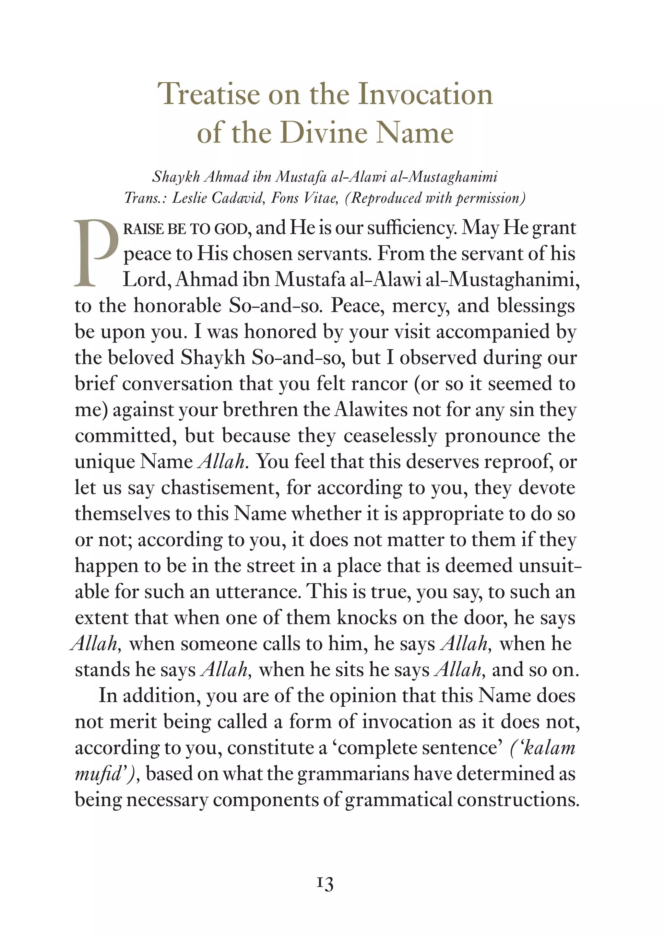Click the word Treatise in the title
208,94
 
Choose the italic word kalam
549,748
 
